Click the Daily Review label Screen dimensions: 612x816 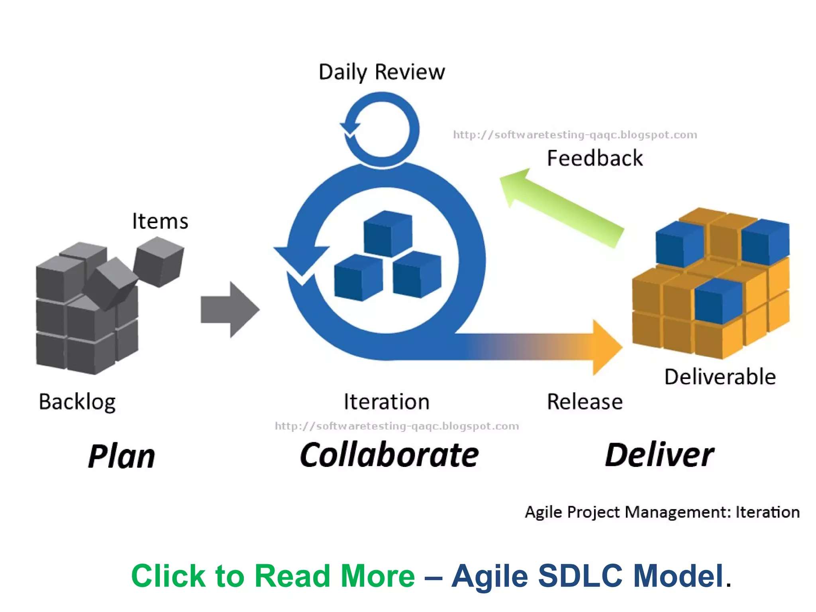coord(382,72)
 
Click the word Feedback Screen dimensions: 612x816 coord(594,158)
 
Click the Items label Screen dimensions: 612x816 coord(160,221)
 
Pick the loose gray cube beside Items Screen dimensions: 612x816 coord(159,262)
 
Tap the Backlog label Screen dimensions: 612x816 coord(77,402)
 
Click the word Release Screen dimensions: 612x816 coord(585,402)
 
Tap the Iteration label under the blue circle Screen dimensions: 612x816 coord(386,402)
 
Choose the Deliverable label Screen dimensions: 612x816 coord(720,377)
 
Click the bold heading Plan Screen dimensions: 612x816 coord(122,456)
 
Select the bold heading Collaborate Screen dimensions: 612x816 coord(389,455)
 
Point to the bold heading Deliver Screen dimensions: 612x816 coord(659,455)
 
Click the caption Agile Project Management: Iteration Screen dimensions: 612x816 coord(662,512)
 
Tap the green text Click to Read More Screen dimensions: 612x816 coord(273,576)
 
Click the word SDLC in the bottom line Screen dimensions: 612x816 coord(580,576)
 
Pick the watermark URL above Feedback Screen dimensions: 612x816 coord(575,135)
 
